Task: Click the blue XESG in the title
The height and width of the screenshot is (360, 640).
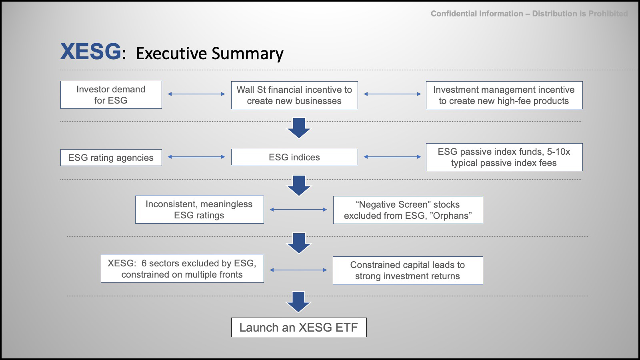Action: click(x=90, y=52)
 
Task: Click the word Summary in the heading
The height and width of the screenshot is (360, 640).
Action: click(x=248, y=54)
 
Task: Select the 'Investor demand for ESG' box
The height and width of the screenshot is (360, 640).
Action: click(x=111, y=95)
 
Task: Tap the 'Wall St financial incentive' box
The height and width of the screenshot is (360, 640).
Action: click(x=294, y=95)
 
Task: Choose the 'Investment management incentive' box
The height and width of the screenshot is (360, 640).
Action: click(x=504, y=95)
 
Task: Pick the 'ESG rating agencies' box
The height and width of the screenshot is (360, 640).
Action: click(x=111, y=158)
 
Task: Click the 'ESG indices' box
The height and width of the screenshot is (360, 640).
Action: click(x=294, y=157)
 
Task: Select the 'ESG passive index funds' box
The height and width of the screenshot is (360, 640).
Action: click(x=504, y=157)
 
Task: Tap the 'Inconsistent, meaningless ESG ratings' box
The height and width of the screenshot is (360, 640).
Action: click(x=200, y=210)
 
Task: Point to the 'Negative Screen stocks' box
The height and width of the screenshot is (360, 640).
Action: click(x=408, y=210)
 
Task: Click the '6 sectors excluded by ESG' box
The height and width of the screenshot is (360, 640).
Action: click(x=182, y=269)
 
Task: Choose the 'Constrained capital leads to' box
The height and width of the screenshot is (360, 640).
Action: click(x=408, y=270)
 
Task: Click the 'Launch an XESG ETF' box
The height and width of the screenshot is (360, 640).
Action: click(x=299, y=328)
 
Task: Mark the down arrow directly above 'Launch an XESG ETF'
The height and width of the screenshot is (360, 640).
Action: click(x=298, y=302)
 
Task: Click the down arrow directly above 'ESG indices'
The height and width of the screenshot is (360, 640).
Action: click(x=299, y=128)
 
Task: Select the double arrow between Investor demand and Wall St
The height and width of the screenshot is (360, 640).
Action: click(x=196, y=94)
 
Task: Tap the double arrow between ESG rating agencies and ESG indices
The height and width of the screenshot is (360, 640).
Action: click(x=196, y=156)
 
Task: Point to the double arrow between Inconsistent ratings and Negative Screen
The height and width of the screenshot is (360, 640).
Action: click(x=298, y=210)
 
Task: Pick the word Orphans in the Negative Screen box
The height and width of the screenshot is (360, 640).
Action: click(x=451, y=216)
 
